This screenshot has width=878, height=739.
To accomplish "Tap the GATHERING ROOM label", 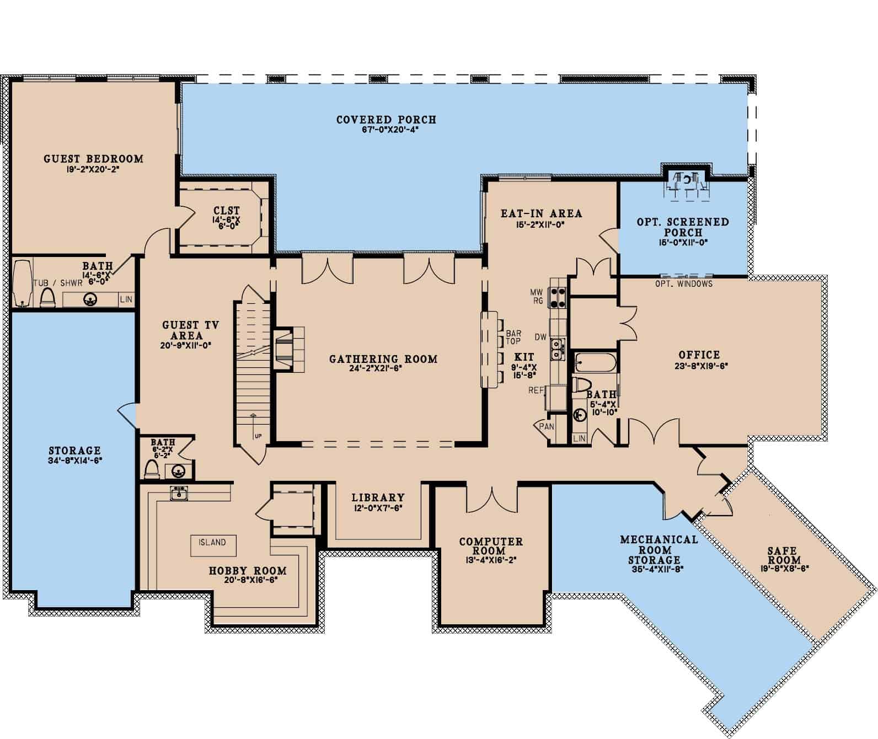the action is point(383,359).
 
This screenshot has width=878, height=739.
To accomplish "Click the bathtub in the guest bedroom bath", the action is point(22,283).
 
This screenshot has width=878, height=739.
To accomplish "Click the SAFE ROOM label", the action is point(782,555).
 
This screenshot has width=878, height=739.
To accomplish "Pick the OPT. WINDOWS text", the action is point(684,284).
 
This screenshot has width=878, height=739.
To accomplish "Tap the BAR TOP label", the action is point(513,338).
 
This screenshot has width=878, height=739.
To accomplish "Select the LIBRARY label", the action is point(378,497).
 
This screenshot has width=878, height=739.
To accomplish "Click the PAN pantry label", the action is point(547,426).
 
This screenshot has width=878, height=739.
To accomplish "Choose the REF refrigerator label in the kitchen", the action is point(537,390).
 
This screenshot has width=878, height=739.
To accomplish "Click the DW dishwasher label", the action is point(540,337).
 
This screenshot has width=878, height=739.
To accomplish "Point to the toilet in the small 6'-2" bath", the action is point(152,469).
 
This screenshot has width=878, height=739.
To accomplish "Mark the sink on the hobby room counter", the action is point(179,493).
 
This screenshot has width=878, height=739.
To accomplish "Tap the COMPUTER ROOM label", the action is point(491,546).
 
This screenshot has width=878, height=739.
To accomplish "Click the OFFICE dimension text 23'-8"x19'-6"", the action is point(701,366).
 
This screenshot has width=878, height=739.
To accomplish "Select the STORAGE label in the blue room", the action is point(75,451).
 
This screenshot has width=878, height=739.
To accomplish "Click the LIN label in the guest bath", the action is point(126,299).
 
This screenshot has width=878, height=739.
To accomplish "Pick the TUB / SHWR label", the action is point(58,283).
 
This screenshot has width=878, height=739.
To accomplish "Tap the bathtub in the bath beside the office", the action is point(596,362).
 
